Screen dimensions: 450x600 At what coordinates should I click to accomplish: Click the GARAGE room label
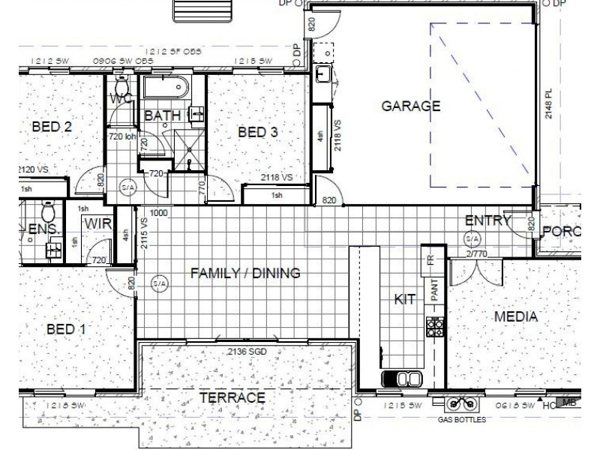pyautogui.click(x=410, y=106)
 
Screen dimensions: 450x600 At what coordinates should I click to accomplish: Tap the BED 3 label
pyautogui.click(x=258, y=133)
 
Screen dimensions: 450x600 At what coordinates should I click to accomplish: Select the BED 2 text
pyautogui.click(x=52, y=127)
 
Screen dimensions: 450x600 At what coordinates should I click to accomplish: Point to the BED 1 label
pyautogui.click(x=65, y=328)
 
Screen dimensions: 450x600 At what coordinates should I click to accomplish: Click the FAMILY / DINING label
pyautogui.click(x=245, y=273)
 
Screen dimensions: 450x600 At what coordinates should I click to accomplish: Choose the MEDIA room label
pyautogui.click(x=515, y=316)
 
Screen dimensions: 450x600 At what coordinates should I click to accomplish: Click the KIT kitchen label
pyautogui.click(x=405, y=298)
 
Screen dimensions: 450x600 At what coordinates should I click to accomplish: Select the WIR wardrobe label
pyautogui.click(x=97, y=223)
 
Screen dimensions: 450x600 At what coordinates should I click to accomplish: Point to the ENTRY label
pyautogui.click(x=487, y=220)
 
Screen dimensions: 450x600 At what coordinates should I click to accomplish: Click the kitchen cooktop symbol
pyautogui.click(x=434, y=326)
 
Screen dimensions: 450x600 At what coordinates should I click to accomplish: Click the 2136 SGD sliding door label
pyautogui.click(x=247, y=351)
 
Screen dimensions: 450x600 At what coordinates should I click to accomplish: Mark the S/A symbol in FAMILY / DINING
pyautogui.click(x=159, y=284)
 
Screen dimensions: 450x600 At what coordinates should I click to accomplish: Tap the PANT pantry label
pyautogui.click(x=434, y=288)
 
